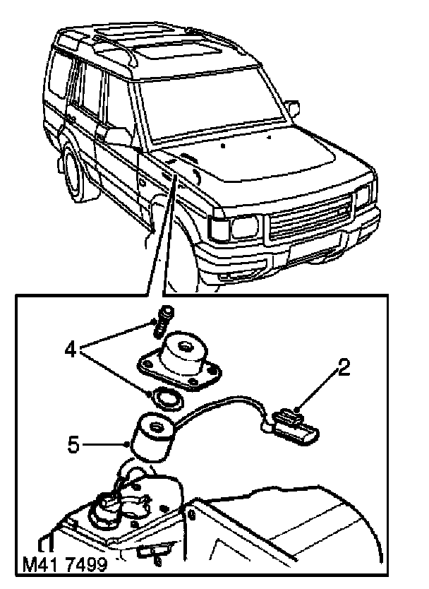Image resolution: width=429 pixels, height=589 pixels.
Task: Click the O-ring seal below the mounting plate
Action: click(167, 398)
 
